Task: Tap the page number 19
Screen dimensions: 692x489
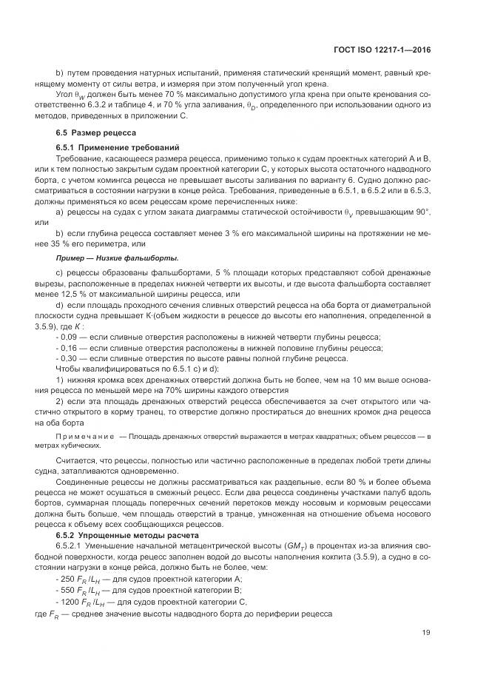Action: tap(426, 632)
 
